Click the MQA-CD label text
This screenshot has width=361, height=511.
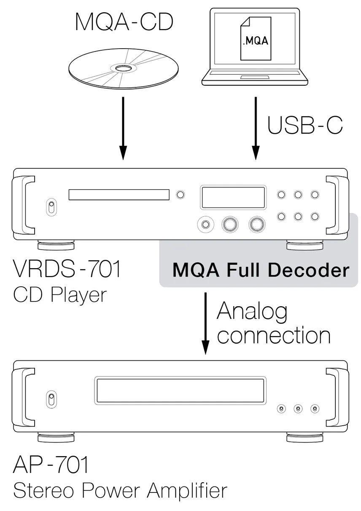click(124, 22)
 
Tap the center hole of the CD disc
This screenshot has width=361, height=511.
click(122, 68)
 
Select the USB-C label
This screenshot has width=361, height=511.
click(305, 125)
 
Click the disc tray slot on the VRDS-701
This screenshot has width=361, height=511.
click(119, 195)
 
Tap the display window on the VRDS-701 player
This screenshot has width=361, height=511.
click(233, 196)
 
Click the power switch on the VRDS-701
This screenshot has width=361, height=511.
click(51, 208)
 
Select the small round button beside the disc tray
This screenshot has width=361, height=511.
click(180, 195)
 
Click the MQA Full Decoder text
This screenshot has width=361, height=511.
click(261, 271)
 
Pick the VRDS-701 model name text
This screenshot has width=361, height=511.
click(67, 269)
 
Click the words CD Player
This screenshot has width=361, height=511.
click(60, 295)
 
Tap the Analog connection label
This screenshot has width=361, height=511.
click(273, 323)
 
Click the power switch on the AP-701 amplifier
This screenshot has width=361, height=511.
click(51, 400)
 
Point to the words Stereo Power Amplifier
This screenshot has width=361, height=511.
click(120, 491)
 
